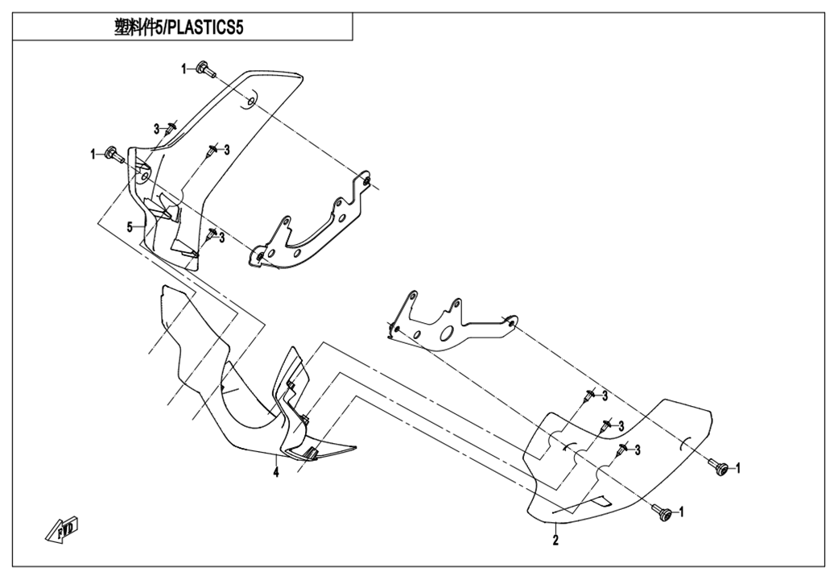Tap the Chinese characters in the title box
click(x=138, y=27)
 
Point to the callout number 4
click(x=275, y=474)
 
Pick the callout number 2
click(x=555, y=541)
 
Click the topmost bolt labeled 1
click(x=203, y=69)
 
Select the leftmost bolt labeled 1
click(x=113, y=153)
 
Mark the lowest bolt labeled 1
click(x=664, y=512)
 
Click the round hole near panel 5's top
click(x=250, y=101)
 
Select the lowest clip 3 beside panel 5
click(x=211, y=235)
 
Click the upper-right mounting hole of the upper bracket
click(x=366, y=180)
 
